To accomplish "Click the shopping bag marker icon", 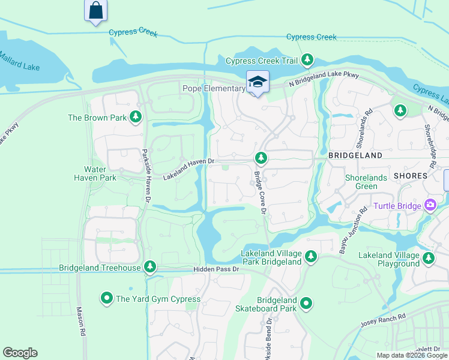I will click(x=96, y=11).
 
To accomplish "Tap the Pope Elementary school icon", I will click(x=258, y=83).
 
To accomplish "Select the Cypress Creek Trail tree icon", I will click(x=307, y=59).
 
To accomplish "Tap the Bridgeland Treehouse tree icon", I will click(x=150, y=267).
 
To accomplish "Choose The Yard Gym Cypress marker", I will click(x=107, y=298).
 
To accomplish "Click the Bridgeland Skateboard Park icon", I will click(x=307, y=304).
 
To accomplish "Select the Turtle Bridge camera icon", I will click(x=430, y=206).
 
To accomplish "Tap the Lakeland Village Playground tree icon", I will click(x=429, y=258).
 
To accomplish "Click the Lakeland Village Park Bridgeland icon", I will click(x=310, y=257).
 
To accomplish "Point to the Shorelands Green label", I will click(x=361, y=182).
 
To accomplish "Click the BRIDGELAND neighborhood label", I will click(x=355, y=155).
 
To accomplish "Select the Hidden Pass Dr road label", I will click(x=216, y=269).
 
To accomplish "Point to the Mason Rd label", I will click(x=79, y=322).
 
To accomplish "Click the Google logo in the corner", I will click(x=20, y=353).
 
